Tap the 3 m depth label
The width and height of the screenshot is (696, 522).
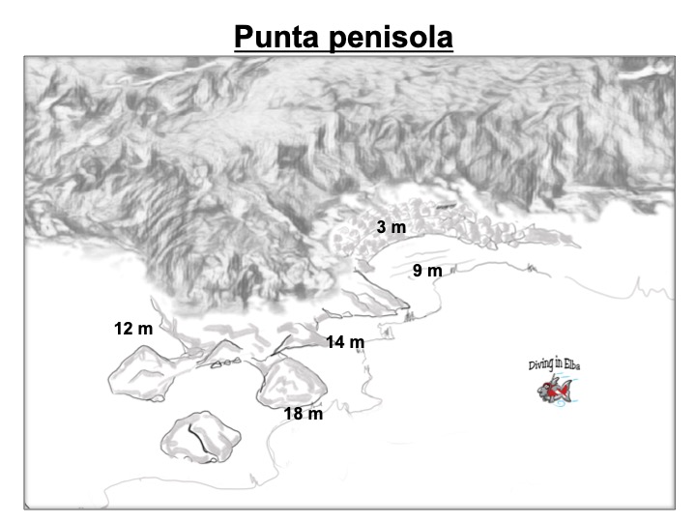(x=391, y=227)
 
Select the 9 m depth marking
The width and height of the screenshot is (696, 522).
(x=427, y=271)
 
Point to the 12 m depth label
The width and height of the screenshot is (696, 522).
(x=133, y=329)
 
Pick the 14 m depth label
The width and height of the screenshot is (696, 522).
(x=345, y=342)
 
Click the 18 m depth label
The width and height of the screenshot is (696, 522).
(x=304, y=414)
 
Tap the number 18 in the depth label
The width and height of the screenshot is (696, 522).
(x=293, y=414)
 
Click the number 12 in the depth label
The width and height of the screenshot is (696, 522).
(x=123, y=329)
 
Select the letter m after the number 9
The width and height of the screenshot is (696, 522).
(x=435, y=271)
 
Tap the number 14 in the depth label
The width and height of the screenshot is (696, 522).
(x=334, y=342)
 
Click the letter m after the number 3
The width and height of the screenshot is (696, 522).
(x=397, y=227)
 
